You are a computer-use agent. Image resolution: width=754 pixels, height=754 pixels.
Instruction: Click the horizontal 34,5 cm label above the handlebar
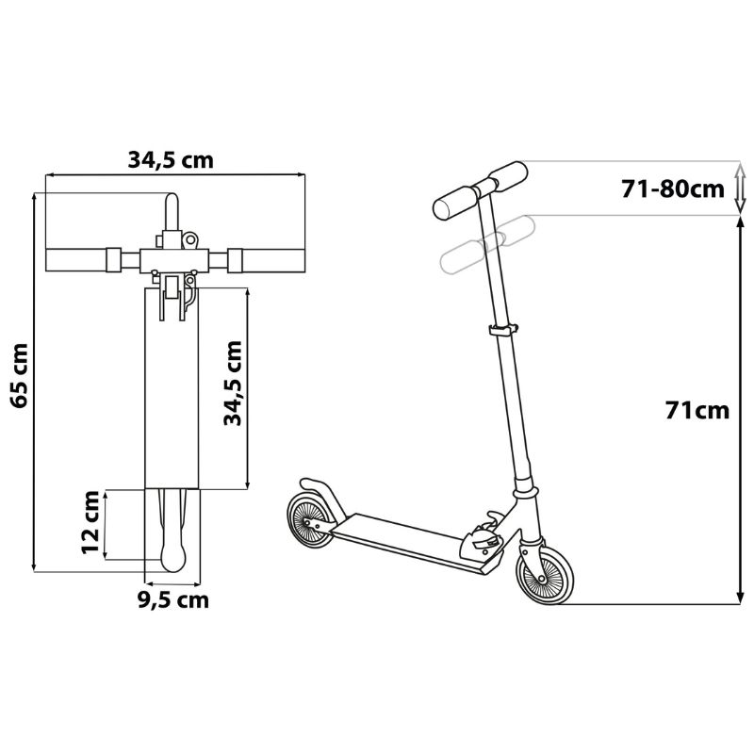(x=171, y=160)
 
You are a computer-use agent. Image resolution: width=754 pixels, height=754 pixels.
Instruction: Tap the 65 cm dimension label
(x=20, y=375)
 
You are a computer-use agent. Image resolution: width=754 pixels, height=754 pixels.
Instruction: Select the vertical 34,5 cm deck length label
(x=233, y=384)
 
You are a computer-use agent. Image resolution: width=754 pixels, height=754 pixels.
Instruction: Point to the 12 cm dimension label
(x=91, y=522)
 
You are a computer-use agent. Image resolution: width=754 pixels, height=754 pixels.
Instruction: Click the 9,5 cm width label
(x=173, y=599)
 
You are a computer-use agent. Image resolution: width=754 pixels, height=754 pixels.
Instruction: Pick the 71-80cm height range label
(x=673, y=189)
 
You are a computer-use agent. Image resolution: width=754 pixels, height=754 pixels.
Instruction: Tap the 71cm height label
(x=697, y=410)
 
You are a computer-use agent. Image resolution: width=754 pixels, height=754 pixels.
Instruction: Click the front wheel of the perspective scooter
(x=545, y=574)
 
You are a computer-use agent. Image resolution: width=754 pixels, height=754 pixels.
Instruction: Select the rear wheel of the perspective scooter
(x=311, y=520)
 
